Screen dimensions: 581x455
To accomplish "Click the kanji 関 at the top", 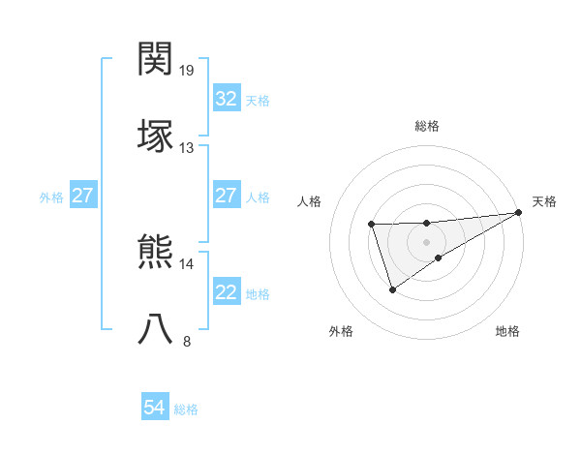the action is coord(156,59).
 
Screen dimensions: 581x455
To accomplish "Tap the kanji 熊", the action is coord(156,252).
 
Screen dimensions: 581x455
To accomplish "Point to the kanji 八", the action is coord(156,327).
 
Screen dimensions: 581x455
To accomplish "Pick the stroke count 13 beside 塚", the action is coord(187,147).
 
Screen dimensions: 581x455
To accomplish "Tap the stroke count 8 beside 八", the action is coord(187,341).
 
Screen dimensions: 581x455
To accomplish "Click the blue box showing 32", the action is coord(226,99).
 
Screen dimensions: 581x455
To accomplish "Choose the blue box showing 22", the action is coord(226,293).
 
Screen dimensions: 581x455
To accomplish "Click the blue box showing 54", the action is coord(154,409).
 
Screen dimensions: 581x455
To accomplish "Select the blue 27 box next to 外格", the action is coord(82,197).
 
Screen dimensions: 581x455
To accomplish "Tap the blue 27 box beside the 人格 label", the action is coord(226,197).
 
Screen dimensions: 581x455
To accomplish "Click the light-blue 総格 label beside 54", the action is coord(186,409).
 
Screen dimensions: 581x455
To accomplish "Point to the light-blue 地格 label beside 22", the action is coord(258,294).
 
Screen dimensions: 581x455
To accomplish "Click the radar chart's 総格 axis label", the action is coord(427,126).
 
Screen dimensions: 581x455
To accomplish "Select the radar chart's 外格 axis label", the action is coord(341,332).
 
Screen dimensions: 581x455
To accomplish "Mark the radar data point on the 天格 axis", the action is coord(519,213).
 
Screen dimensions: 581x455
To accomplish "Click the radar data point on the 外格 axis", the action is coord(392,289).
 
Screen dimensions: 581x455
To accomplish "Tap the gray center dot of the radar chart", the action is coord(426,240).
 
